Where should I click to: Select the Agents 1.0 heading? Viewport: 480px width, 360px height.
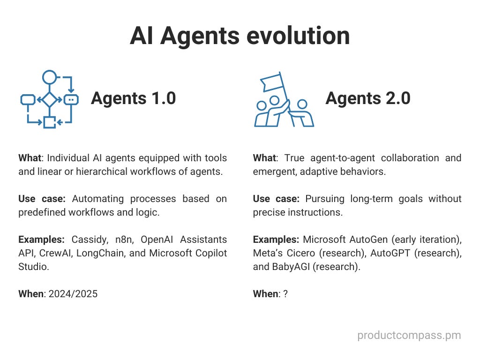[134, 98]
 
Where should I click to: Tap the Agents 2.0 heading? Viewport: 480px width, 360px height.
[368, 98]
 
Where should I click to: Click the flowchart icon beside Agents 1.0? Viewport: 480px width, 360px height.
[49, 99]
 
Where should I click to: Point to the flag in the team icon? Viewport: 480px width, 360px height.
[273, 82]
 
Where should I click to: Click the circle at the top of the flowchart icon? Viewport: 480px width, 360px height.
[49, 76]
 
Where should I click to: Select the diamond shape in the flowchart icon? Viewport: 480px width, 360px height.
[49, 99]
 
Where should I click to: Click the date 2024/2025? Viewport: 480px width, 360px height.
[73, 294]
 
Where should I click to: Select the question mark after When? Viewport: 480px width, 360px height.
[285, 294]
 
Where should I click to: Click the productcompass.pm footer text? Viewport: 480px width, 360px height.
[409, 335]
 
